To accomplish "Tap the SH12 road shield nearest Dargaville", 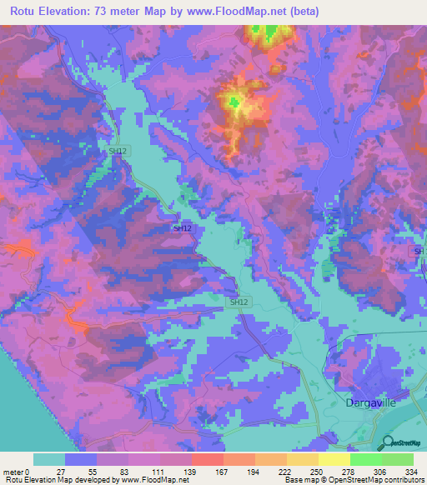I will click(x=239, y=302).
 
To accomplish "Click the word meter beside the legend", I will click(x=13, y=472).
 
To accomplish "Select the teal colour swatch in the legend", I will click(x=49, y=459).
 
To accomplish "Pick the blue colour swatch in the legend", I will click(x=81, y=459).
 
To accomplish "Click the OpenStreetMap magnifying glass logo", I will click(x=387, y=444).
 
